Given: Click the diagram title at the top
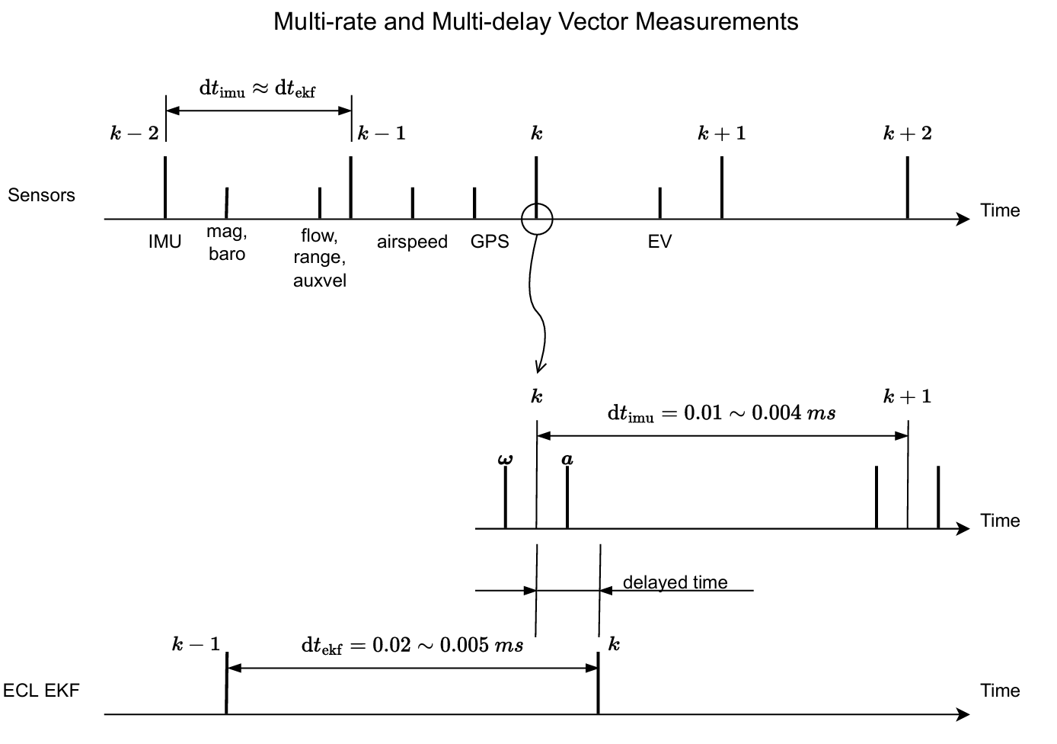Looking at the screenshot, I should [x=535, y=21].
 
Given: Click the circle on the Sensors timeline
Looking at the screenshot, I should [x=537, y=219].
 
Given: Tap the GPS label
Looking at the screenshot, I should [x=490, y=242].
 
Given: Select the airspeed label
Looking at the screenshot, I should [x=412, y=242].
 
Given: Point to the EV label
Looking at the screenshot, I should [x=659, y=242].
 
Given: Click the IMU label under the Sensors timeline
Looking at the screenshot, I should [x=164, y=242].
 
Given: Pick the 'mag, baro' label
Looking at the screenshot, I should [x=227, y=243].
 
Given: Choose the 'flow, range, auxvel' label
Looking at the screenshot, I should [x=319, y=258].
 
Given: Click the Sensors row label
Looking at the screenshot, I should [x=42, y=195].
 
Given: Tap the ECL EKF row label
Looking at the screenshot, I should [x=41, y=691].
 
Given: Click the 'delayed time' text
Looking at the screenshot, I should [x=675, y=582].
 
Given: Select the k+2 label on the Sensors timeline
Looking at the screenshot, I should [x=907, y=134].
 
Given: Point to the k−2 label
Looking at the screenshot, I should [x=135, y=134].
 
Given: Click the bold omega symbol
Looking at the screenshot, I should [x=505, y=459].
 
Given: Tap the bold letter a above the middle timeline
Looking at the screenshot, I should [x=567, y=459].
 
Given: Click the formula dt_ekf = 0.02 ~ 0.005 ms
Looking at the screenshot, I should [x=412, y=646].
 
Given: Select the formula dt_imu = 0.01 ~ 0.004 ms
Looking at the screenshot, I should [x=721, y=413].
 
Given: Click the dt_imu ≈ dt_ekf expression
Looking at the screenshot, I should [x=257, y=88].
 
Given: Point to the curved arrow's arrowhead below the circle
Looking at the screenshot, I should [x=539, y=367].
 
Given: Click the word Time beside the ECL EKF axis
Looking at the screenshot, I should [x=1000, y=691].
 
